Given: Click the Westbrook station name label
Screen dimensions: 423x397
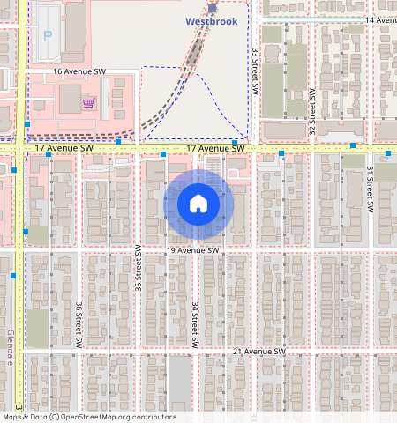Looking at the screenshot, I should tap(212, 21).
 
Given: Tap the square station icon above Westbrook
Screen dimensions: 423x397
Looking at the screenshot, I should tap(212, 8).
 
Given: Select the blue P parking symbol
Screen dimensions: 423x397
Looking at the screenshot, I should tap(48, 37).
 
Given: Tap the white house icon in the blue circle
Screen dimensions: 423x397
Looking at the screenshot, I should tap(198, 204).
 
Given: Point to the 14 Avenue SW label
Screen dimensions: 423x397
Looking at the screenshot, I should tap(380, 19).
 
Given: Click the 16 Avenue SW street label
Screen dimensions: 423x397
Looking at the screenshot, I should tap(79, 71).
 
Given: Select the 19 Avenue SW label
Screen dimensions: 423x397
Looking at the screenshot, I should tap(192, 250).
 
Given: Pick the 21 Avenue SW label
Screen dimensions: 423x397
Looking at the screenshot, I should tap(260, 352).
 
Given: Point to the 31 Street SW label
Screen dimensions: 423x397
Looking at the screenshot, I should tap(371, 186).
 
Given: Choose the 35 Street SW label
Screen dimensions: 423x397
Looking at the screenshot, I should tap(138, 269).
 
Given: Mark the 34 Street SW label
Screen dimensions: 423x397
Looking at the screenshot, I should tap(195, 323).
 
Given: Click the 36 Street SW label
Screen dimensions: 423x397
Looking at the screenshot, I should tap(79, 323).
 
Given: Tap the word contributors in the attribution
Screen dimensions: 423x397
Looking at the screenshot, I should tap(153, 417).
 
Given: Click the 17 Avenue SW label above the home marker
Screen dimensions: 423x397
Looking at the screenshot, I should tap(215, 150).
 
